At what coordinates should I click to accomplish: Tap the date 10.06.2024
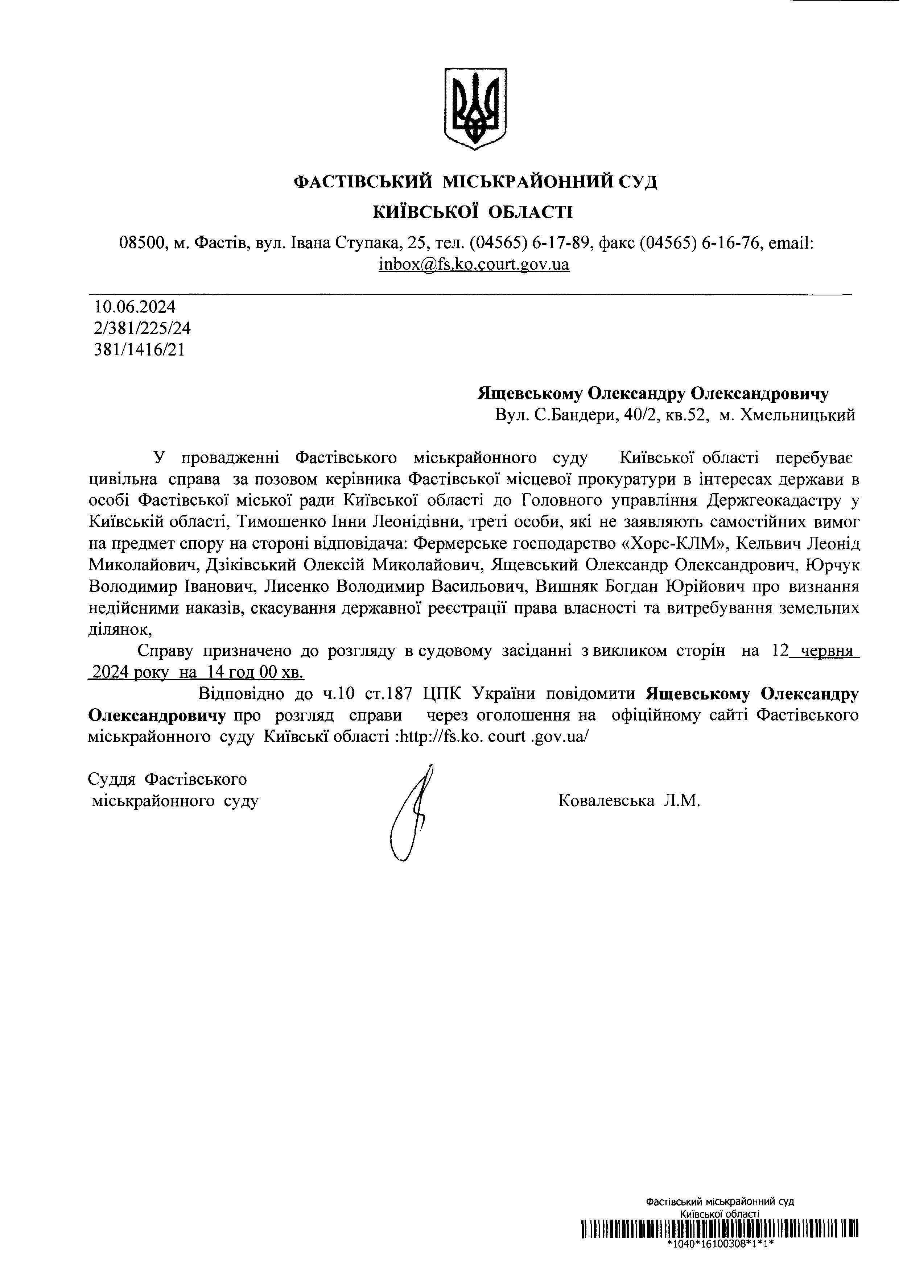[x=135, y=307]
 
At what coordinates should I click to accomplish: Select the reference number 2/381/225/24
[x=143, y=328]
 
